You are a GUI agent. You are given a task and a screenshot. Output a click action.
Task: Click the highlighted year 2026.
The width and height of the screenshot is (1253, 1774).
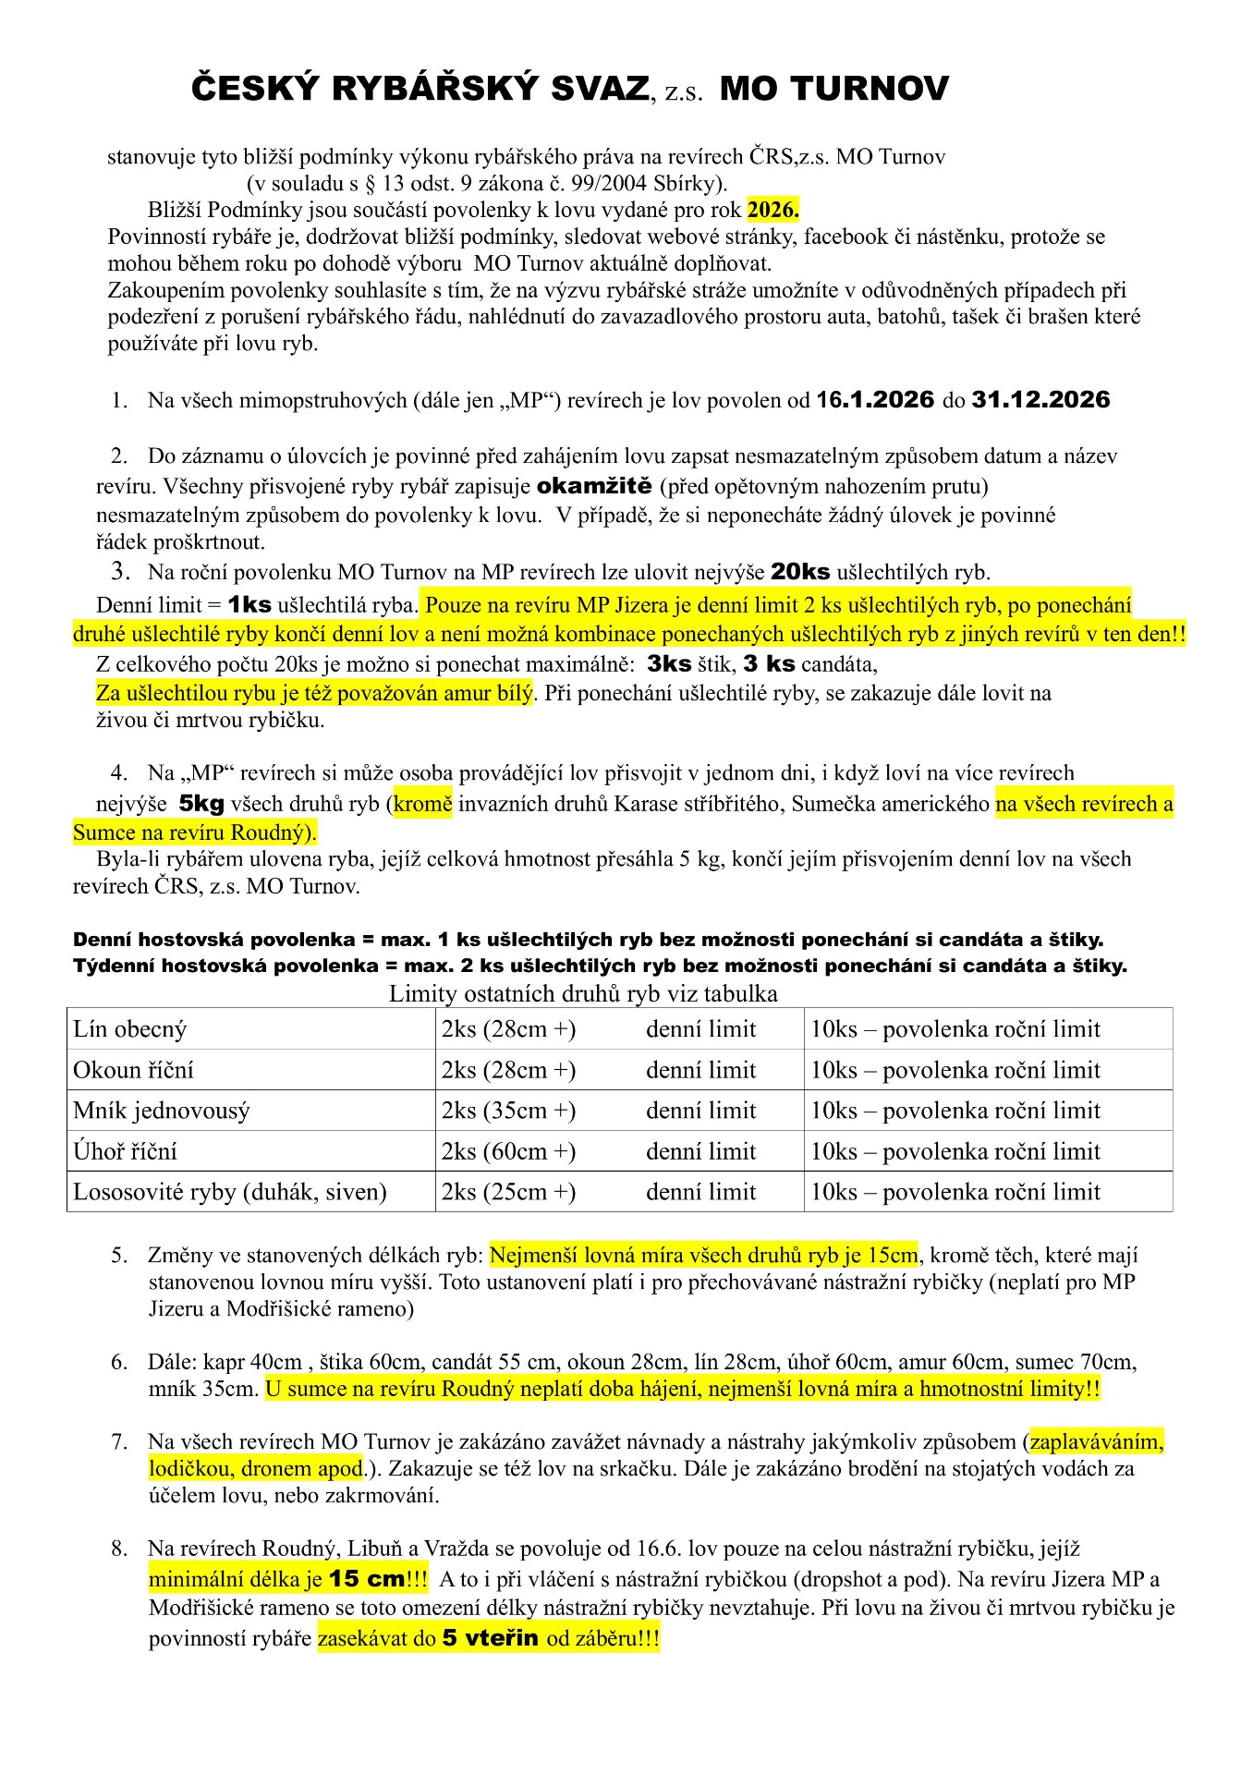tap(772, 210)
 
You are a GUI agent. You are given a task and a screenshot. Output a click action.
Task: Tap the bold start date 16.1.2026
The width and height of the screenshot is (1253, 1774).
tap(875, 400)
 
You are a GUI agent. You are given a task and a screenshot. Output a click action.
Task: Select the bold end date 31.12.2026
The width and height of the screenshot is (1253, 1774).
tap(1040, 400)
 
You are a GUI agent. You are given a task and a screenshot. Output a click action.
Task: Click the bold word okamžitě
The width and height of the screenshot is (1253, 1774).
tap(594, 486)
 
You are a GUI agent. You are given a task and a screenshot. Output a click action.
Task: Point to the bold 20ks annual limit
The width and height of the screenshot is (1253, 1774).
tap(800, 572)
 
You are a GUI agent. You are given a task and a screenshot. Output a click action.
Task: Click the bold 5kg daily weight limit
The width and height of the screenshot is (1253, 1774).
tap(201, 804)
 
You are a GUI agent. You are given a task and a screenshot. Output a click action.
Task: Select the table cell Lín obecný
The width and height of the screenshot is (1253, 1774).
tap(130, 1029)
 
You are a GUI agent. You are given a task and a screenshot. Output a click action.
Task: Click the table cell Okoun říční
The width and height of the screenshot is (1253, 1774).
tap(134, 1070)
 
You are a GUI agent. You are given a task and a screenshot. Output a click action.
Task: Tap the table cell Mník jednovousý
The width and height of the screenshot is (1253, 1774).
tap(162, 1111)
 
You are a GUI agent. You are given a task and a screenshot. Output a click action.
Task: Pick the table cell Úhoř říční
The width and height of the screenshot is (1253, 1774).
tap(125, 1151)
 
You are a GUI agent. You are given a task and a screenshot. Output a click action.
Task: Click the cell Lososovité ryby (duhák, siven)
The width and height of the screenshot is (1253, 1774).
tap(230, 1192)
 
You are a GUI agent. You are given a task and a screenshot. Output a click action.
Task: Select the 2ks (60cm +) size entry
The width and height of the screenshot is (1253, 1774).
tap(508, 1151)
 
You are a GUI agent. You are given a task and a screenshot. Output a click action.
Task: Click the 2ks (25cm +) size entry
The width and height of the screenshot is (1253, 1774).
tap(508, 1192)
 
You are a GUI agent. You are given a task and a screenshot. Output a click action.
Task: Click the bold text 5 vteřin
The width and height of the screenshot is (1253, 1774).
tap(490, 1638)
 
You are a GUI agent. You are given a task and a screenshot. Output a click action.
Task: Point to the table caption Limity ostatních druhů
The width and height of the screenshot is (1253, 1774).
tap(583, 993)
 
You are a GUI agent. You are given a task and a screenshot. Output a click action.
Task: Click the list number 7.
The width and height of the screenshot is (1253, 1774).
tap(119, 1441)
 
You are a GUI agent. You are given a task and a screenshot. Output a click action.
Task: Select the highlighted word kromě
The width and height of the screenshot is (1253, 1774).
tap(422, 804)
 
